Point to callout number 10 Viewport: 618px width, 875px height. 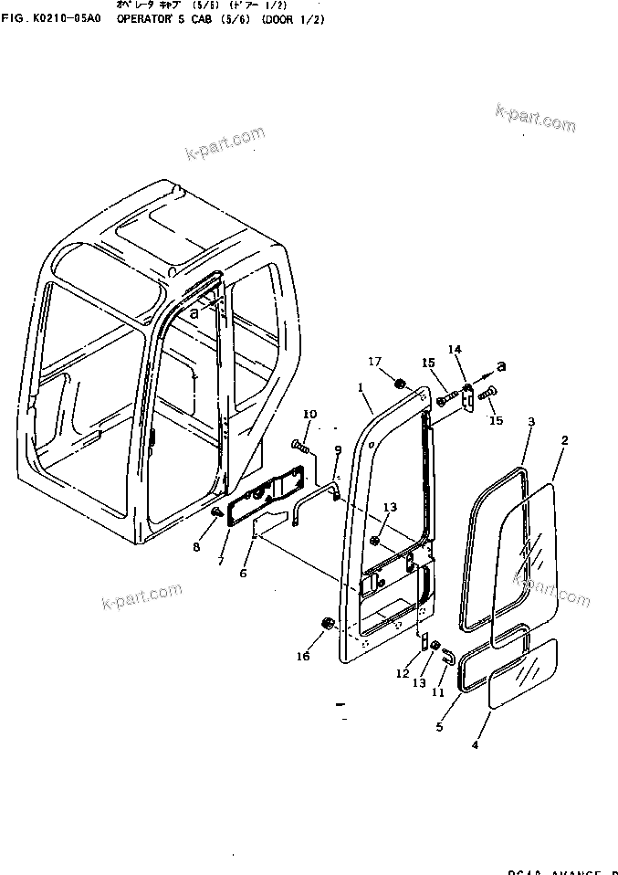pos(309,415)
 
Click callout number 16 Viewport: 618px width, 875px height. pos(303,656)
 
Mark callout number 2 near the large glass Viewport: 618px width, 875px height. pos(564,440)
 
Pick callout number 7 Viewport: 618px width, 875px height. pos(220,561)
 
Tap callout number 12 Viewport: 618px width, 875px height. pos(403,673)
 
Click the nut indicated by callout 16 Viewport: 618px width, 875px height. pos(326,624)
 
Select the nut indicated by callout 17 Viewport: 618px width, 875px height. pos(400,381)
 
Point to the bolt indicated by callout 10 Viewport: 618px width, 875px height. pos(301,446)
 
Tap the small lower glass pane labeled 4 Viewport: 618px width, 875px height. pos(523,674)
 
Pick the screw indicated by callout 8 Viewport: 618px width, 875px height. pos(216,513)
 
